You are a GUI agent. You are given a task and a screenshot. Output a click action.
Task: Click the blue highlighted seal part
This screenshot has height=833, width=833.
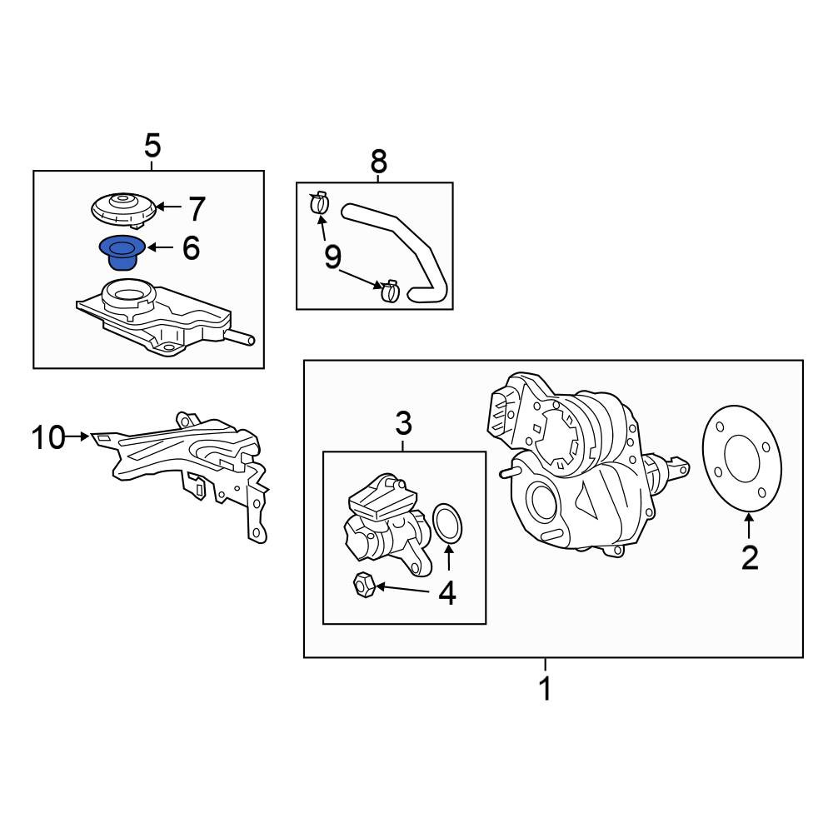click(122, 253)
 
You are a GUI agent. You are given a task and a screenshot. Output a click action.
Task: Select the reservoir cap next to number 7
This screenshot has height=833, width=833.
click(124, 210)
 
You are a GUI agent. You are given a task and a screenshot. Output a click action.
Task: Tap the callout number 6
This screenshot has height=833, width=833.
click(191, 248)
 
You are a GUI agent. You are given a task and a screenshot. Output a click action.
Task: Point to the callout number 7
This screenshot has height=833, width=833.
click(197, 209)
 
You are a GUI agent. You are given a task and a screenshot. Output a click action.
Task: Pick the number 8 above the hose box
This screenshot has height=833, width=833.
click(379, 161)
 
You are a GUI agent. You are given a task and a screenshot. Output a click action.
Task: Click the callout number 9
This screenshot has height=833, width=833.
click(332, 257)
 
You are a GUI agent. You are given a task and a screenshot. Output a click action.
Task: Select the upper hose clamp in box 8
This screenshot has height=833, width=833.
click(319, 202)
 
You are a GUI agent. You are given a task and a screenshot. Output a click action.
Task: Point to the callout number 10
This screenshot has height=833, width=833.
click(48, 438)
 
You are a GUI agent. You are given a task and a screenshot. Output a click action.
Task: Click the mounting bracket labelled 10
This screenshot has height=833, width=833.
click(186, 467)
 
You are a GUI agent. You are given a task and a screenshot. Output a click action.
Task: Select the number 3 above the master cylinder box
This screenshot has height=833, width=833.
click(404, 424)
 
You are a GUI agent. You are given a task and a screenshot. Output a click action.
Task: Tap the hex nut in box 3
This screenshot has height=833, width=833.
click(364, 586)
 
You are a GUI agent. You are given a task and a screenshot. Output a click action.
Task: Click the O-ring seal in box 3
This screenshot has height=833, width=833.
click(447, 524)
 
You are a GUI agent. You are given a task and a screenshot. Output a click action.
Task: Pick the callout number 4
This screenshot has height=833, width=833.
click(447, 593)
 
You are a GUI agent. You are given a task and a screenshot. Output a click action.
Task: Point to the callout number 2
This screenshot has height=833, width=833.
click(750, 558)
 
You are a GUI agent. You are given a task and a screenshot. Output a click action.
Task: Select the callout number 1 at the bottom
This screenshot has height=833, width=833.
click(545, 689)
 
